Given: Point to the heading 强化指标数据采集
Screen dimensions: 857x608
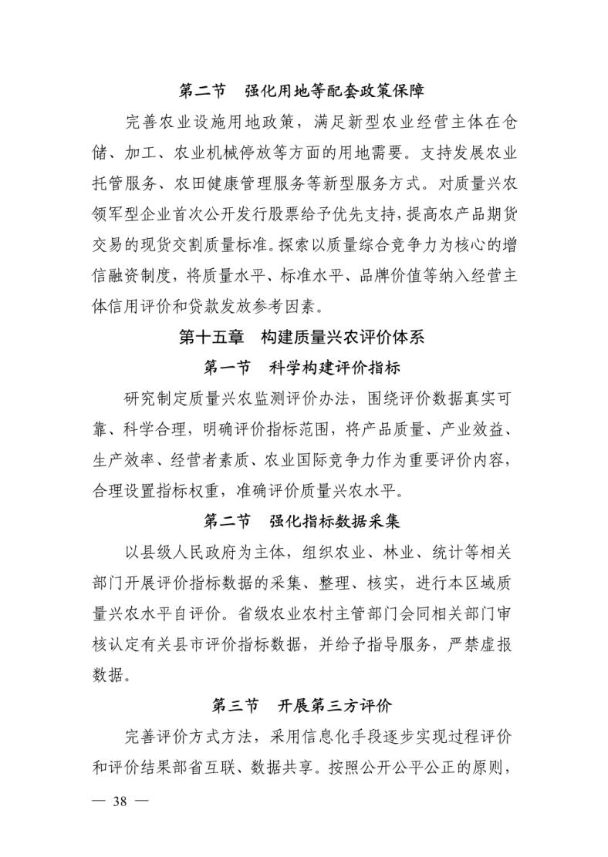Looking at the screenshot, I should (334, 521).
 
